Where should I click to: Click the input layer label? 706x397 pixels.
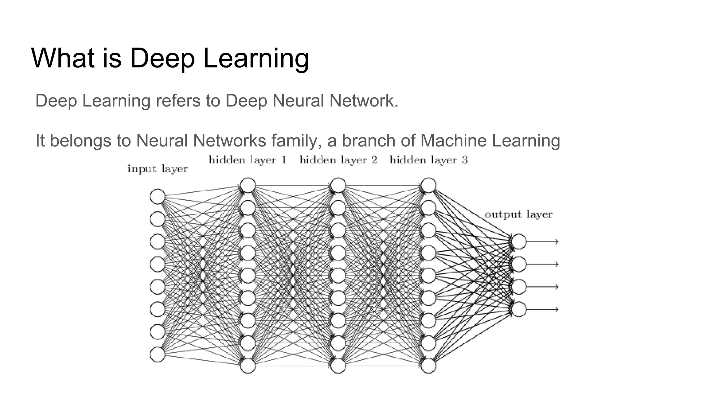[158, 169]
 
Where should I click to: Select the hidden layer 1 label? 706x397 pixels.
[248, 160]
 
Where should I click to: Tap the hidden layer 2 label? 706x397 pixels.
[338, 160]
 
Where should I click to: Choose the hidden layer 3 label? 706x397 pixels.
[428, 160]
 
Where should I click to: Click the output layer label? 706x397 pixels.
[518, 214]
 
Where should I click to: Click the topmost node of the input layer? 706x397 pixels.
[158, 196]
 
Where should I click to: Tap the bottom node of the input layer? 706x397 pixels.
[158, 355]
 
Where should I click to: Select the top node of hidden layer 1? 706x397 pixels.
[248, 185]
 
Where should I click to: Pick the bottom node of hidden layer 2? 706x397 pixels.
[338, 366]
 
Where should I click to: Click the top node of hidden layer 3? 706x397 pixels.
[428, 185]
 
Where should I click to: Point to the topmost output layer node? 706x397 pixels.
[519, 242]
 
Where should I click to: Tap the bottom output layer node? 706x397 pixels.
[519, 309]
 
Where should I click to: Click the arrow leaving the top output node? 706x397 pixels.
[543, 242]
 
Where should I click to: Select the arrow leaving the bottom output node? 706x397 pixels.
[543, 309]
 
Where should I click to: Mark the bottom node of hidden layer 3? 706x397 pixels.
[428, 366]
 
